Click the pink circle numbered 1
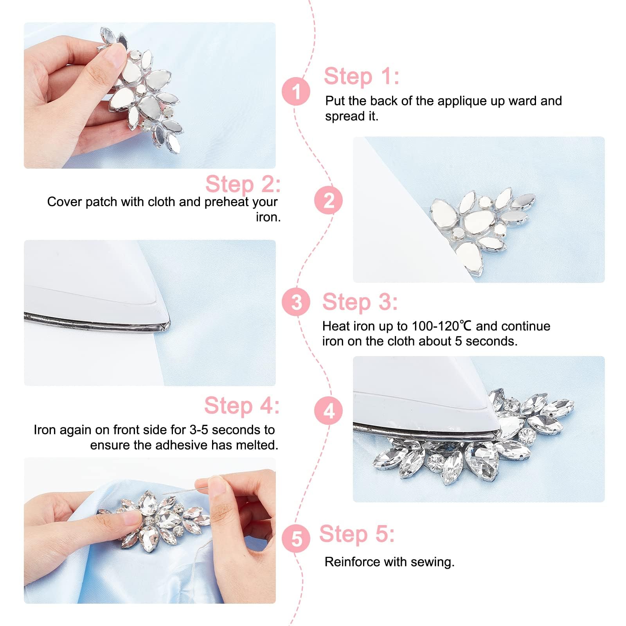(x=296, y=92)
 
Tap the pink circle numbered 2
(x=328, y=200)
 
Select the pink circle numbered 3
(x=296, y=302)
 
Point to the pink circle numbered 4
(x=329, y=411)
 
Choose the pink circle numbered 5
(x=296, y=538)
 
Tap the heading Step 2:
(x=243, y=184)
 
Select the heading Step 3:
(x=360, y=302)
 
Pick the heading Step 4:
(x=242, y=406)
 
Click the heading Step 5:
(x=357, y=534)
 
